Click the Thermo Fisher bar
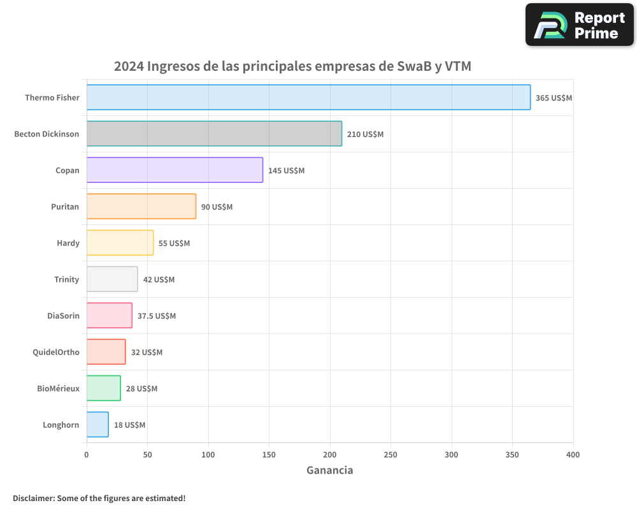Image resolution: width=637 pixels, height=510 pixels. click(x=308, y=98)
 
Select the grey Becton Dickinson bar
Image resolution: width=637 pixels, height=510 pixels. click(x=214, y=134)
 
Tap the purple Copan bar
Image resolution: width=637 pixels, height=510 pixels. click(x=175, y=170)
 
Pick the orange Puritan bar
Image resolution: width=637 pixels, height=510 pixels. click(x=141, y=207)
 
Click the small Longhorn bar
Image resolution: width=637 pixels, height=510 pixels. click(x=97, y=425)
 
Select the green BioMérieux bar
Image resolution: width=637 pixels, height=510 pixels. click(x=103, y=388)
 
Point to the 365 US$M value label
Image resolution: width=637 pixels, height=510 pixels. click(x=554, y=98)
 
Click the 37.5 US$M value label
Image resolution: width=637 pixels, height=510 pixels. click(x=157, y=316)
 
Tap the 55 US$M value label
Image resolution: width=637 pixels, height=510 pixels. click(x=174, y=244)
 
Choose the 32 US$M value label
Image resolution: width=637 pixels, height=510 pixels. click(x=147, y=353)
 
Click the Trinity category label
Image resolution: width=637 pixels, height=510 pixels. click(x=67, y=279)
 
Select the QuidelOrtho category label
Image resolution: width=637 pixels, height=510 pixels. click(x=56, y=352)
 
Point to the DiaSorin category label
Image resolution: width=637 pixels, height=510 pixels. click(x=63, y=316)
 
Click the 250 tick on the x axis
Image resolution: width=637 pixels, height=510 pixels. click(x=390, y=455)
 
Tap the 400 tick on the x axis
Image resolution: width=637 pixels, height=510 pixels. click(x=573, y=455)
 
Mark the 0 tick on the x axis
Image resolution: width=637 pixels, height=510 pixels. click(x=87, y=455)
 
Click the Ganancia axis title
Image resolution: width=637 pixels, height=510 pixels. click(x=329, y=470)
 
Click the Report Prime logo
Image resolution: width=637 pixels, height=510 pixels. click(x=580, y=25)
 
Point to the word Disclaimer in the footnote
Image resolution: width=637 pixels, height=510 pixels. click(x=33, y=498)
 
